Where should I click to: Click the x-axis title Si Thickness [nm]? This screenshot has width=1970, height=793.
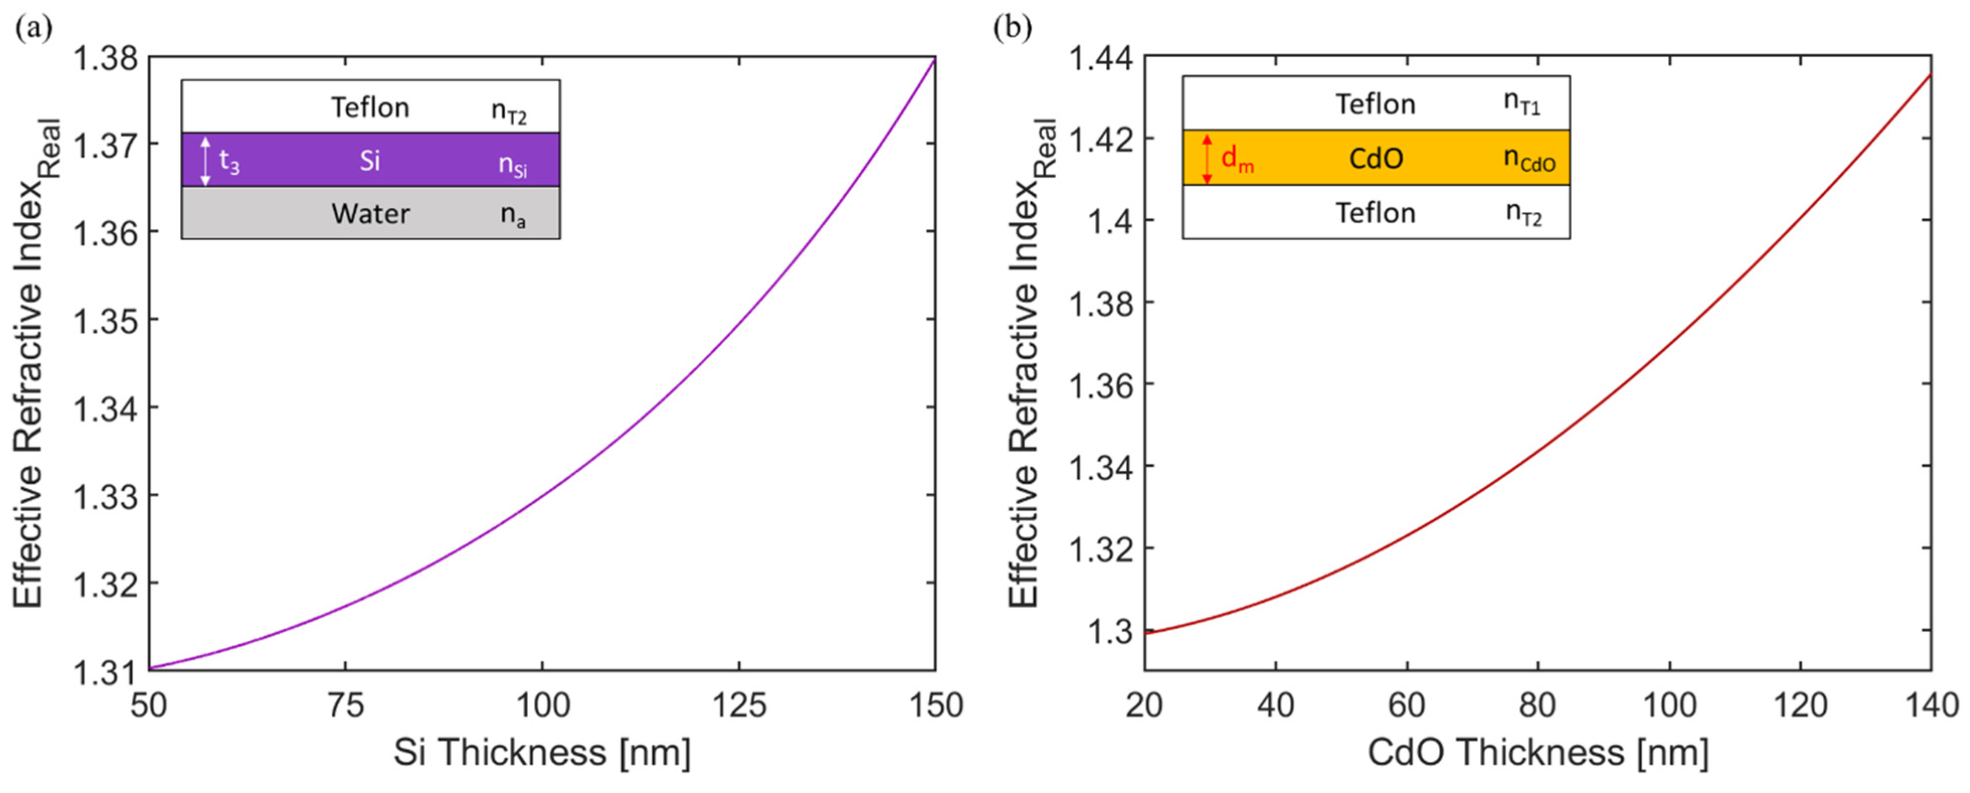point(541,752)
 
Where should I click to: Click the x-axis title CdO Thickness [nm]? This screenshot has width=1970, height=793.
point(1537,752)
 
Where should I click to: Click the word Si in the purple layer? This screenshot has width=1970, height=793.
point(370,161)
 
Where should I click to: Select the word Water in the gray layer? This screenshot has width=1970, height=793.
point(370,214)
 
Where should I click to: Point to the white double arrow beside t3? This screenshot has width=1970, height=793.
point(205,161)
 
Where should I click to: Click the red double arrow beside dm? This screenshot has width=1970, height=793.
point(1207,158)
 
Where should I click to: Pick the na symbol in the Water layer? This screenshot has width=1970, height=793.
point(513,216)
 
